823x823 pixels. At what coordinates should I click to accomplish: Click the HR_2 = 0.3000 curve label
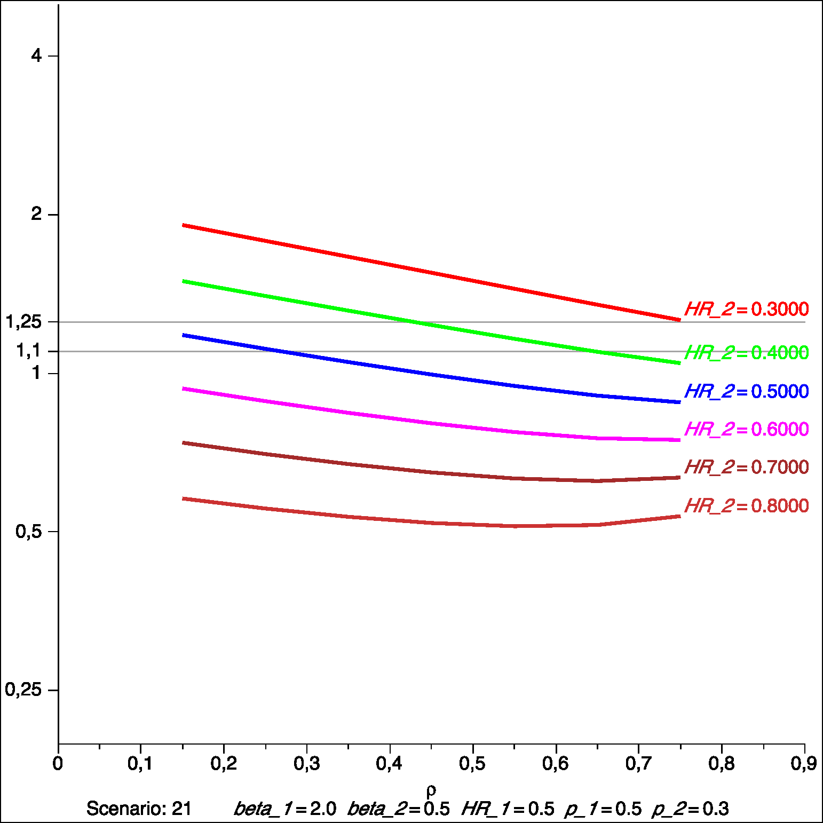746,309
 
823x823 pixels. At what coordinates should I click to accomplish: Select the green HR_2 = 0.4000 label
746,353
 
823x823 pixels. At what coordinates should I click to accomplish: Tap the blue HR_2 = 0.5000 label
746,391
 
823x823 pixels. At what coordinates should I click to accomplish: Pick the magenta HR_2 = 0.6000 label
746,429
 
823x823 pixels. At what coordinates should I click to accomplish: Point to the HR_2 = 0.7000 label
746,467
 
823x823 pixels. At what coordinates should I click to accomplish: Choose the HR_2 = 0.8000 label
746,505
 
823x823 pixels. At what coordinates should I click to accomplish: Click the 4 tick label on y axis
36,56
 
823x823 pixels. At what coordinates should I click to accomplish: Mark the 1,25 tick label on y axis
23,322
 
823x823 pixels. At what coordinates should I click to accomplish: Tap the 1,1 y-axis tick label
29,351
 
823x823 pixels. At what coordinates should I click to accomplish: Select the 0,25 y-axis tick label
23,690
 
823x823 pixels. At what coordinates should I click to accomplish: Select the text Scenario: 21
139,809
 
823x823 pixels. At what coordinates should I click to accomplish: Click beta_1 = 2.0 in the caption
285,809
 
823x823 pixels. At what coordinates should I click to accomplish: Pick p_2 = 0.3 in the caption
690,809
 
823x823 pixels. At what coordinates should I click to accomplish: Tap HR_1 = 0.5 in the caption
508,809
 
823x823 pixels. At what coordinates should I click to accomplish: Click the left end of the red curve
184,225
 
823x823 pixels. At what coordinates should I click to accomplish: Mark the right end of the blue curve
679,402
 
